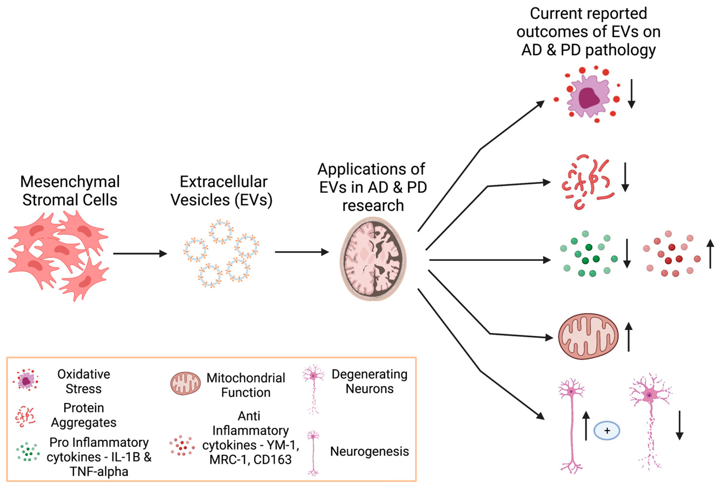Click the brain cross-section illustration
point(373,258)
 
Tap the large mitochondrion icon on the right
point(588,337)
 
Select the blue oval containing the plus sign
point(607,430)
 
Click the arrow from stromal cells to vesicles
point(140,254)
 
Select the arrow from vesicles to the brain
point(302,252)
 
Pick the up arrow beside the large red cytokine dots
point(710,254)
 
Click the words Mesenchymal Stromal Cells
point(70,191)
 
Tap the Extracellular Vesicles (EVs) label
point(222,191)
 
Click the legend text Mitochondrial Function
point(246,385)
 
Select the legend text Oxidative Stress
point(84,381)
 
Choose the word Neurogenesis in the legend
point(369,451)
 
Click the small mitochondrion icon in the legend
point(185,383)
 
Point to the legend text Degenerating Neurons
point(369,381)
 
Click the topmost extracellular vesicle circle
point(221,232)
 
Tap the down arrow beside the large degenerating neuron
point(679,425)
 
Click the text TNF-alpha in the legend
point(99,472)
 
